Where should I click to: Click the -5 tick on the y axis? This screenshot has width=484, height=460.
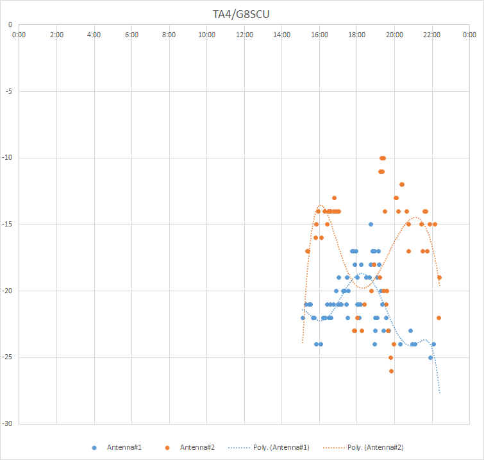(x=8, y=91)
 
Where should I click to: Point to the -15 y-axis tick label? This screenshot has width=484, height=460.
(x=7, y=224)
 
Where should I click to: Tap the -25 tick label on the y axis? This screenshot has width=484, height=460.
(x=7, y=357)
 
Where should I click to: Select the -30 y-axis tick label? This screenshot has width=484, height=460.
(x=7, y=423)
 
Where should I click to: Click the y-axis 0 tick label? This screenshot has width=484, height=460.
(x=10, y=24)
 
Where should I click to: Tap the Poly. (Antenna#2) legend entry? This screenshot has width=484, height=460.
(x=375, y=447)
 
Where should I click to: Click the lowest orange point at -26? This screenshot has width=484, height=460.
(x=391, y=371)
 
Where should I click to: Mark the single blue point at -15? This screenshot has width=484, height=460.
(x=371, y=224)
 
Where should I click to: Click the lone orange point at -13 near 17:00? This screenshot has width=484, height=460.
(x=334, y=198)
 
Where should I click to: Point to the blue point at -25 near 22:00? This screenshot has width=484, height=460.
(x=430, y=357)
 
